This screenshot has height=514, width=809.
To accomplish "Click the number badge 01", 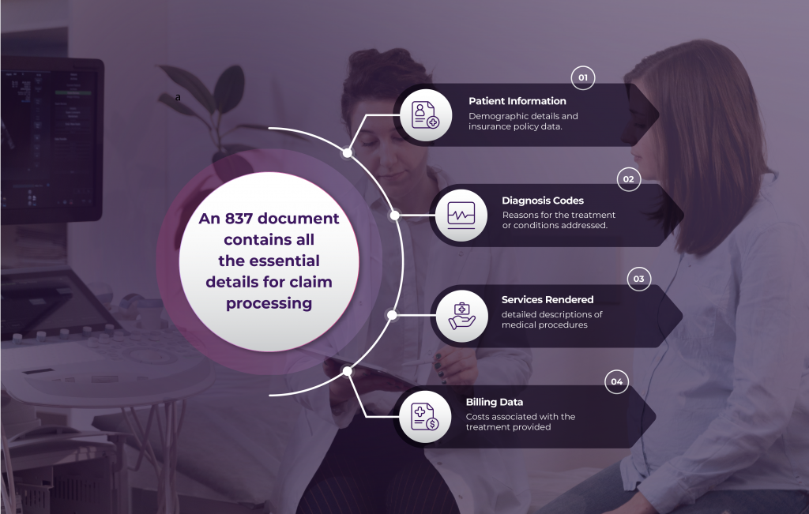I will click(x=583, y=77).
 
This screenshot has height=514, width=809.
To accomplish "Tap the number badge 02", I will click(x=628, y=179).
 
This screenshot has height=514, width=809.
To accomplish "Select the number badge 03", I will click(x=638, y=279).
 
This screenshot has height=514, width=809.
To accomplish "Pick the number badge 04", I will click(x=616, y=381).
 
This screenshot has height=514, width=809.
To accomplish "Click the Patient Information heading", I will click(x=517, y=101).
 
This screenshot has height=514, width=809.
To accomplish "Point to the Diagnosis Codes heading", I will click(x=543, y=201).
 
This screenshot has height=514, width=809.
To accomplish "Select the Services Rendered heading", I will click(x=547, y=300).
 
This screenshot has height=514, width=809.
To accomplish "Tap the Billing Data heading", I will click(x=494, y=402).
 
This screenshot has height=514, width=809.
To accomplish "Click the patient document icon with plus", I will click(x=425, y=115).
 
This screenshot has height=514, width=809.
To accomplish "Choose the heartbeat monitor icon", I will click(x=461, y=215).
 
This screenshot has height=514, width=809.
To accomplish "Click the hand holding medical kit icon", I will click(x=461, y=315).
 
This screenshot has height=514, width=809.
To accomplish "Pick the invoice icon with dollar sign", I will click(x=425, y=416).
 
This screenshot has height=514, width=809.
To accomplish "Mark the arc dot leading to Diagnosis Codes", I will click(x=395, y=215).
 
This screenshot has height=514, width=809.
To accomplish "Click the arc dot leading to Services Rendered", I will click(x=392, y=315).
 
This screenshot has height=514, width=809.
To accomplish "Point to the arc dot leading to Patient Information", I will click(x=346, y=153).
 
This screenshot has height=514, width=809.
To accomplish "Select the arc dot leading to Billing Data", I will click(x=347, y=370).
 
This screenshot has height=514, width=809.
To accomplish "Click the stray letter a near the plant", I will click(x=178, y=97).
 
